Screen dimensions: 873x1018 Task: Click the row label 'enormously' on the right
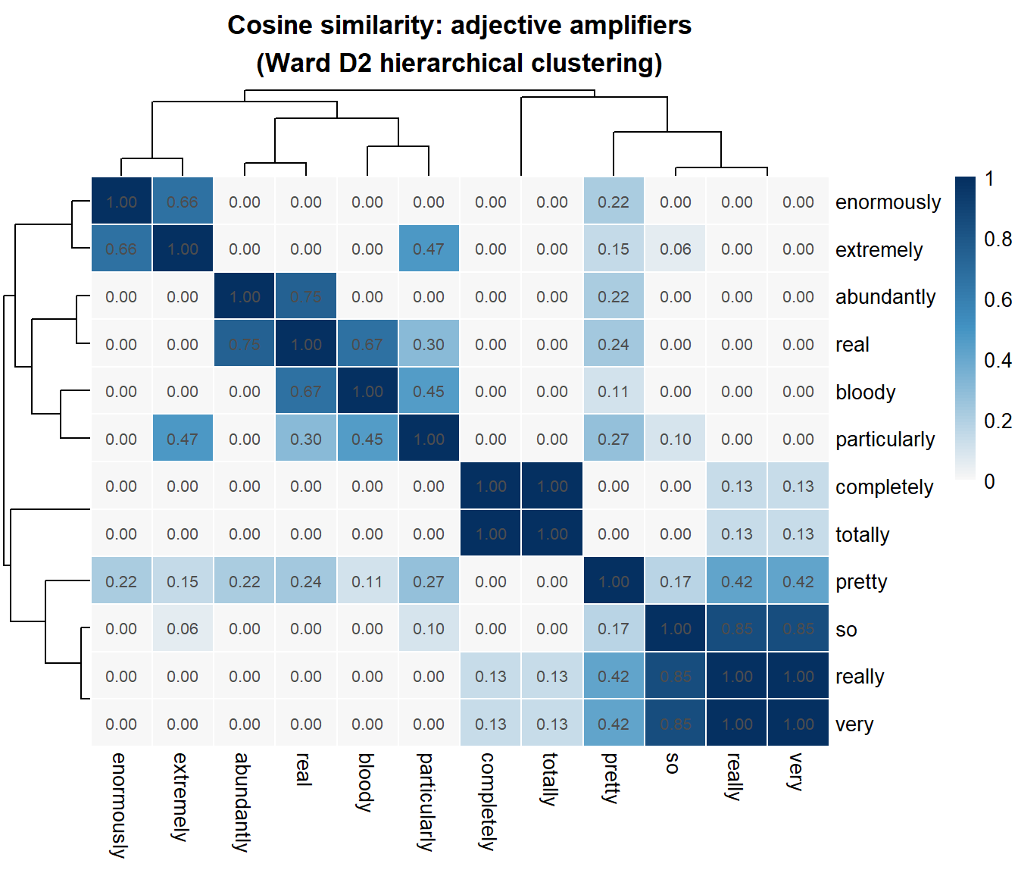click(x=888, y=202)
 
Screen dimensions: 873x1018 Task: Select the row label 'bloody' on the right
click(x=865, y=393)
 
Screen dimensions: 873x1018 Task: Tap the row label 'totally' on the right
click(x=862, y=535)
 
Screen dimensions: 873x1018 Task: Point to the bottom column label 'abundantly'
click(x=242, y=803)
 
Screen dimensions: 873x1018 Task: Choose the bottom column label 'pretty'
click(x=611, y=778)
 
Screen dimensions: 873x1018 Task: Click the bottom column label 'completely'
click(x=489, y=801)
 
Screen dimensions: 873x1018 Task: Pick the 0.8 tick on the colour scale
click(x=998, y=239)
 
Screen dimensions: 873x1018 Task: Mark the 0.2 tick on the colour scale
click(x=998, y=421)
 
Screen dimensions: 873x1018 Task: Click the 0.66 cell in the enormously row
click(x=183, y=202)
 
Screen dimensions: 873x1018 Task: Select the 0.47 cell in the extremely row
click(x=429, y=249)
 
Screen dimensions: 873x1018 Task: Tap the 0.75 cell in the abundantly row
click(x=306, y=297)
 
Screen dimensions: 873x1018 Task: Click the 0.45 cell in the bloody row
click(x=429, y=392)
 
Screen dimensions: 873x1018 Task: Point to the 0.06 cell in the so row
click(x=183, y=629)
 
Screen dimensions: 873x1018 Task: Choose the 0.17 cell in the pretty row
click(x=676, y=582)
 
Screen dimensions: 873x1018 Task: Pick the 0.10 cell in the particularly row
click(x=676, y=440)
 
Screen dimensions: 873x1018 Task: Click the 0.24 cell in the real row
click(x=614, y=345)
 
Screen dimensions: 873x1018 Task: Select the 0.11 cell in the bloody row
click(x=614, y=392)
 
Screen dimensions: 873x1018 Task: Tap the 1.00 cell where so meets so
click(x=676, y=629)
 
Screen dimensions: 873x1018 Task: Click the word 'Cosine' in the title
click(x=269, y=26)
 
